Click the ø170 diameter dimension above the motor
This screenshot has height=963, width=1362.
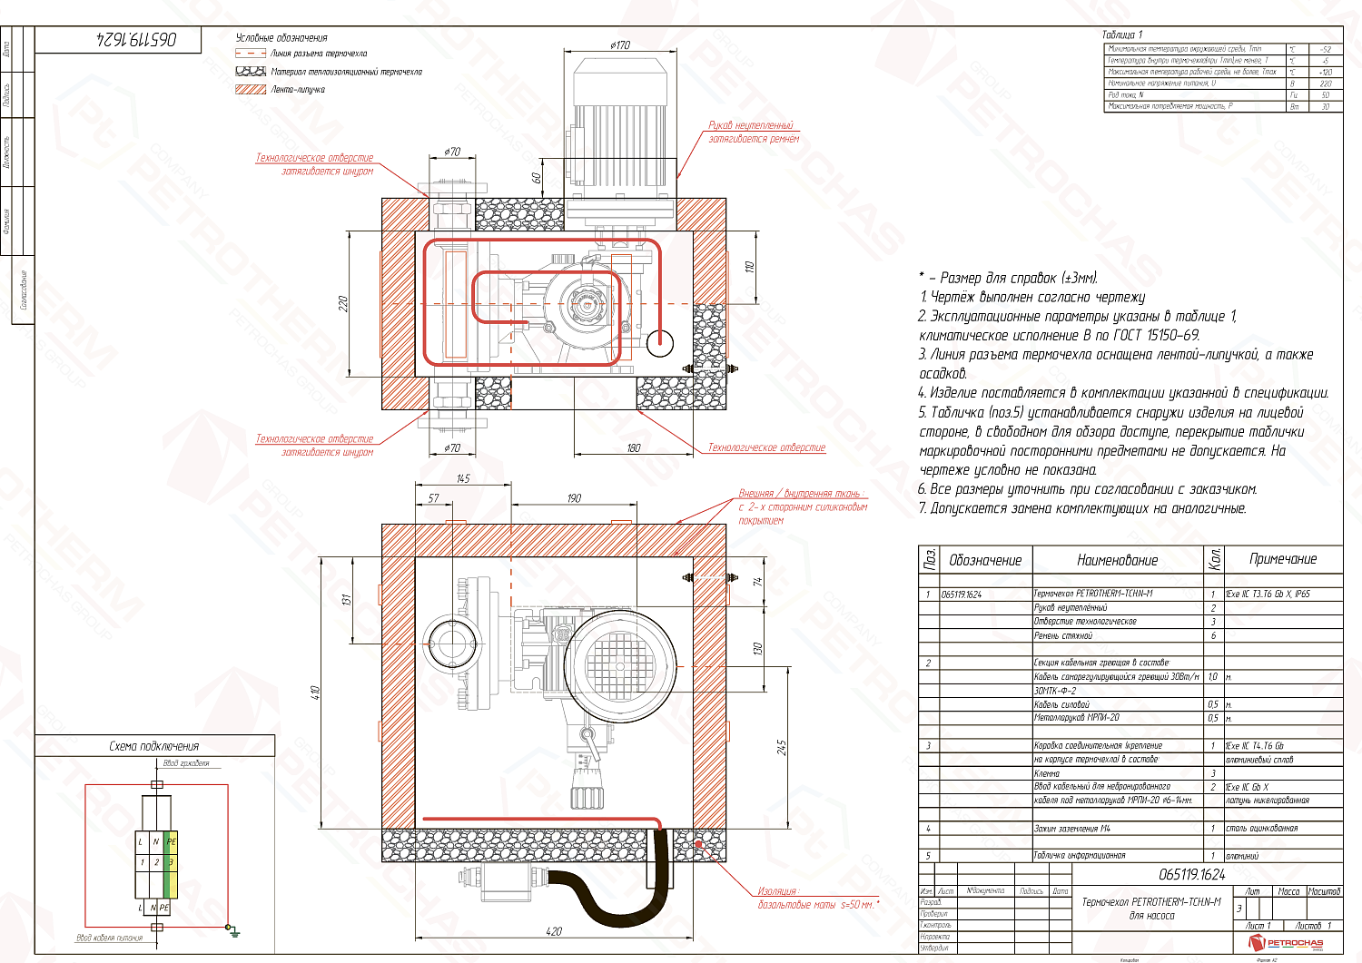(x=620, y=45)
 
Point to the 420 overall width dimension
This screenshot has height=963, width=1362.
(x=554, y=930)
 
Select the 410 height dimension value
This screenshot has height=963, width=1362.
(x=316, y=693)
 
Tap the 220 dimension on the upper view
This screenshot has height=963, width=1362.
(x=343, y=303)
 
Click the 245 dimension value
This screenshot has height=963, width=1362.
(x=781, y=746)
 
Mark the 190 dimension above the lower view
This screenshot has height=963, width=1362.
(x=574, y=498)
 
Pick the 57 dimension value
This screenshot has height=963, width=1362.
(x=434, y=498)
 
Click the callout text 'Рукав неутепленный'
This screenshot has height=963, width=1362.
(x=750, y=125)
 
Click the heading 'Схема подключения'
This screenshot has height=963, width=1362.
(x=153, y=746)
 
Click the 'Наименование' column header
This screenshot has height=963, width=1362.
(x=1117, y=561)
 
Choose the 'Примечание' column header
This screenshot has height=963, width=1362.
(x=1282, y=559)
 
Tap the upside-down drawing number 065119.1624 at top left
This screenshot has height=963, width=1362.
(x=136, y=39)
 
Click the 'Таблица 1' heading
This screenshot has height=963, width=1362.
(x=1122, y=34)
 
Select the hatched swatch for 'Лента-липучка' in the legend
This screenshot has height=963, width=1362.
(x=250, y=90)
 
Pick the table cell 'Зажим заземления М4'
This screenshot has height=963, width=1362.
(x=1071, y=829)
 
